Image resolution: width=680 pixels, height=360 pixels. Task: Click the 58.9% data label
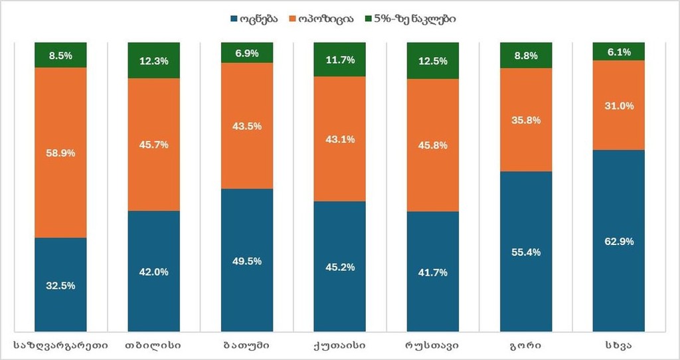pyautogui.click(x=60, y=153)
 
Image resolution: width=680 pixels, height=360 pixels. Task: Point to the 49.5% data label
pyautogui.click(x=246, y=261)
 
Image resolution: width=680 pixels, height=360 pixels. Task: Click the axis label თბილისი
pyautogui.click(x=153, y=345)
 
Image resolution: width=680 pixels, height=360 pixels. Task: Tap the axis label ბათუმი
pyautogui.click(x=246, y=345)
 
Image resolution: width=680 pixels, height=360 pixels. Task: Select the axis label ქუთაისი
pyautogui.click(x=339, y=345)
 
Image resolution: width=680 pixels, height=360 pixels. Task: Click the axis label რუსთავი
pyautogui.click(x=432, y=345)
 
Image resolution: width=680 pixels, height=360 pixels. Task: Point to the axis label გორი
pyautogui.click(x=525, y=345)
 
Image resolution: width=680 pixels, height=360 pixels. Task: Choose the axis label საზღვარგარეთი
pyautogui.click(x=60, y=345)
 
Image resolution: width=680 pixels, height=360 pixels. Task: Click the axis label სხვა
pyautogui.click(x=618, y=345)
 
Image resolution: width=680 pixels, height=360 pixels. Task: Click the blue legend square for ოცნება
pyautogui.click(x=234, y=19)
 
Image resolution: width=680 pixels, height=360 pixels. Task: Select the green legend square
pyautogui.click(x=370, y=19)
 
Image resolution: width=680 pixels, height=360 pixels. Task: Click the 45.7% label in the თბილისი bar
pyautogui.click(x=153, y=145)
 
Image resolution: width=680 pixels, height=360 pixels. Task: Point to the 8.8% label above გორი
pyautogui.click(x=525, y=56)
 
